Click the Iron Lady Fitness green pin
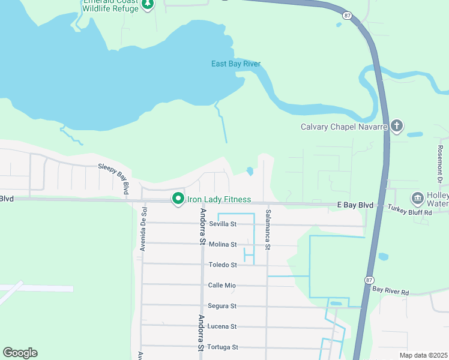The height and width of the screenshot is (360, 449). pos(178,199)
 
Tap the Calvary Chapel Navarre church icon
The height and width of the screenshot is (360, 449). pos(396,126)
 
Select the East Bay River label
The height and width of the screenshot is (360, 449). pos(236,64)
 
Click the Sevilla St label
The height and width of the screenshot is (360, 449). pos(223,224)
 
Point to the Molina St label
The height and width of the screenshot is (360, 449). pos(223,244)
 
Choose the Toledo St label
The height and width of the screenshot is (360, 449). pos(223,265)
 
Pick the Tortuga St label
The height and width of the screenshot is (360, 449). pos(222,347)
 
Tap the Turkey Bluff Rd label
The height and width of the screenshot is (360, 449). pos(409,212)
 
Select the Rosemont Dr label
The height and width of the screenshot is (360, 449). pos(440,163)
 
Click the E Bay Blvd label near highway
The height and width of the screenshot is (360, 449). pos(354,205)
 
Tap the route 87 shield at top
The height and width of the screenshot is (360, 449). pos(347,14)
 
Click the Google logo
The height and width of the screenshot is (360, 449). pos(20,353)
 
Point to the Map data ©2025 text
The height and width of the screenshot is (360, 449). pos(423,355)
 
